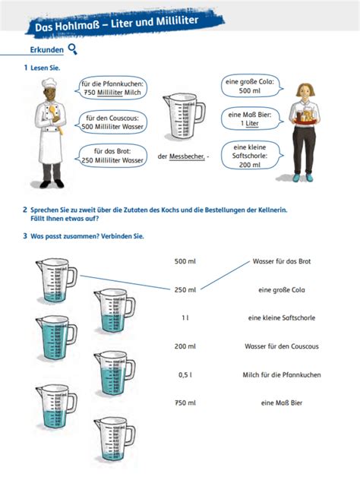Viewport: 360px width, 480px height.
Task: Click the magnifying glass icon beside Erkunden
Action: coord(72,49)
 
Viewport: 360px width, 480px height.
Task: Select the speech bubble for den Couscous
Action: coord(113,122)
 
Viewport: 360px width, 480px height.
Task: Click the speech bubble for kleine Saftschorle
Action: coord(250,155)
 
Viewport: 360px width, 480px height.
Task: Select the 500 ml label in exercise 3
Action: coord(185,261)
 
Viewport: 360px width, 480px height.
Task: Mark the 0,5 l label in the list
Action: coord(185,374)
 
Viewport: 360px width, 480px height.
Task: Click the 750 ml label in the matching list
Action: coord(185,403)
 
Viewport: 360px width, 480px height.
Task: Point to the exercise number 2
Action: coord(24,209)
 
